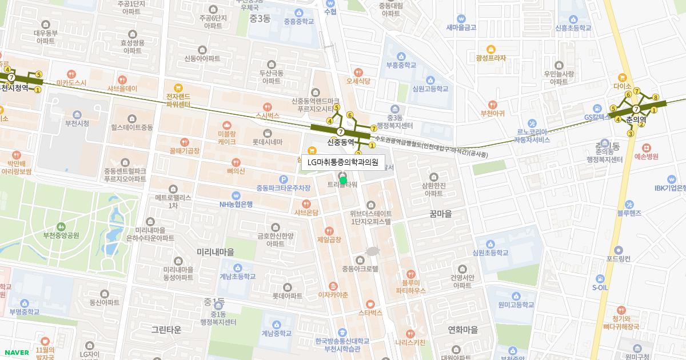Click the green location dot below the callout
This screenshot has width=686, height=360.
coord(343,180)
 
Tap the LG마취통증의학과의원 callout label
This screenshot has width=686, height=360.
coord(343,162)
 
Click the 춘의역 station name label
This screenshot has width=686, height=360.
coord(636,119)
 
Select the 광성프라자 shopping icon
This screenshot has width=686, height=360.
coord(490,49)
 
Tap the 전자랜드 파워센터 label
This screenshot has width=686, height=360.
coord(178,100)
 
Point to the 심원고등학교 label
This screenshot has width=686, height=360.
coord(432,89)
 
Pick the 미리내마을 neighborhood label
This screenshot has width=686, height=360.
coord(215,252)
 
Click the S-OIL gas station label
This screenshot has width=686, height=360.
coord(600,287)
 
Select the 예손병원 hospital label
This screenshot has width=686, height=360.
coord(646,156)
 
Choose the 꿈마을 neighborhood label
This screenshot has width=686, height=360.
coord(440,214)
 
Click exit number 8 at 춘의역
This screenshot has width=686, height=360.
coord(656,97)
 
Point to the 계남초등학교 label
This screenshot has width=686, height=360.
coord(237,277)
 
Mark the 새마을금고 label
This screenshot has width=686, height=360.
coord(461,27)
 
